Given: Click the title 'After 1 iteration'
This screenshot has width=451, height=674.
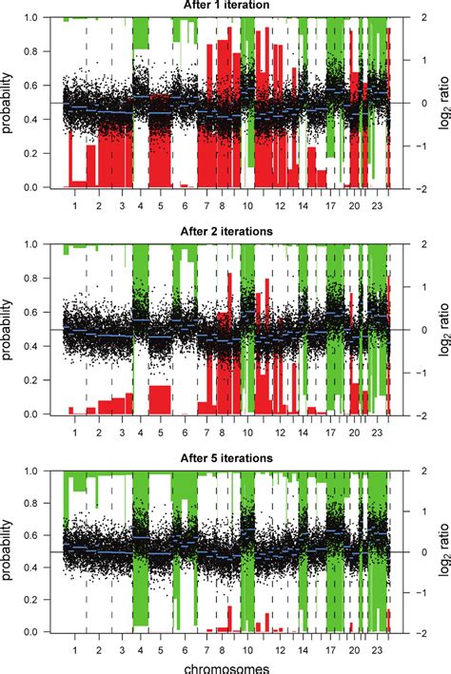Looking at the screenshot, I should (226, 6).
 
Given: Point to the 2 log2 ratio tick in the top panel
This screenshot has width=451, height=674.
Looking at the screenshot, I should (404, 18).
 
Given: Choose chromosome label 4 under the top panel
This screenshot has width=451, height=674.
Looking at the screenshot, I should (141, 205).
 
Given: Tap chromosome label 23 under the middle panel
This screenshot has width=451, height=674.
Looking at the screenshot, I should (378, 432).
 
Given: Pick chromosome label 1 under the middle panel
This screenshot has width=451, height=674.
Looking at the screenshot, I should (74, 432).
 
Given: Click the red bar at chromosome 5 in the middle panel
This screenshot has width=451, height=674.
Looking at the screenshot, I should (160, 399).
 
